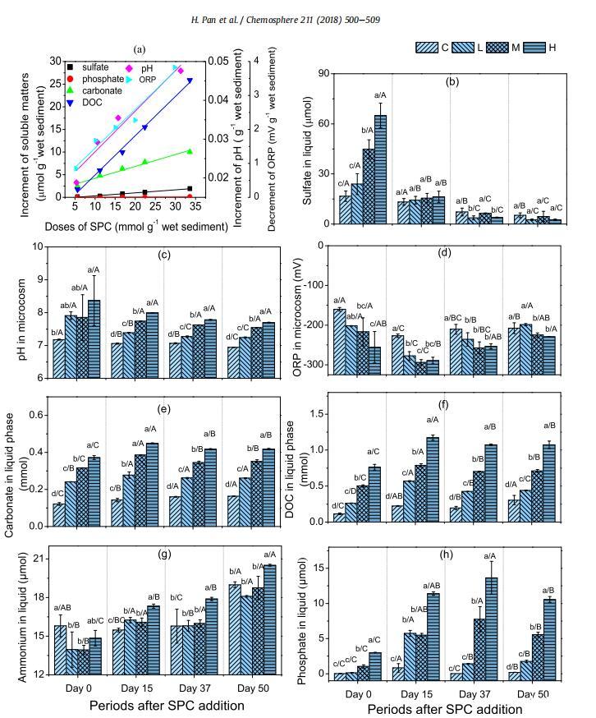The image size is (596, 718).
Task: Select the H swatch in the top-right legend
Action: tap(530, 47)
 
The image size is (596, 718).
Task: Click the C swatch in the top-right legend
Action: tap(426, 47)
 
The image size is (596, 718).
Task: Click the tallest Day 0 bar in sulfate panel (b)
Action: tap(380, 168)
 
